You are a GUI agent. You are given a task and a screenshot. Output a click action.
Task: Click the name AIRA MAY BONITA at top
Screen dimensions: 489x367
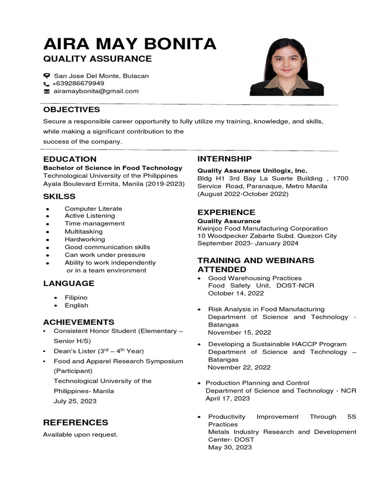click(130, 44)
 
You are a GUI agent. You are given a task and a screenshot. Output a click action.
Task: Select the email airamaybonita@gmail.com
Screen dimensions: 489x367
click(96, 91)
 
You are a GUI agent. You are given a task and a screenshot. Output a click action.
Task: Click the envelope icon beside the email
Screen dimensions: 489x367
click(46, 91)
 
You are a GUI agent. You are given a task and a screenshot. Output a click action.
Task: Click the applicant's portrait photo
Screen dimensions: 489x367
click(287, 67)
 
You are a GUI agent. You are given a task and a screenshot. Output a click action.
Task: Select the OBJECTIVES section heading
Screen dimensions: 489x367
click(71, 110)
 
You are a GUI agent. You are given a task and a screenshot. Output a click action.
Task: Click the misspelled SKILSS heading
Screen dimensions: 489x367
click(59, 197)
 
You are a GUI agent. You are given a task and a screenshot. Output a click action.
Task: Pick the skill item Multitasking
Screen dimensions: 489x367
click(84, 232)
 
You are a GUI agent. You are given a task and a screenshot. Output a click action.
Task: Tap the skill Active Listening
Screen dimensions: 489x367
click(90, 216)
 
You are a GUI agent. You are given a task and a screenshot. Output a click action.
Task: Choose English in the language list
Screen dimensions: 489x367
click(76, 306)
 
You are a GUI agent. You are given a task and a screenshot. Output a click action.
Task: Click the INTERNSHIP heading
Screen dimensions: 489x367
click(225, 159)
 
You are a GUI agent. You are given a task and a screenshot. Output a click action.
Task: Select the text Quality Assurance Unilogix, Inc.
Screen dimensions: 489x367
click(252, 170)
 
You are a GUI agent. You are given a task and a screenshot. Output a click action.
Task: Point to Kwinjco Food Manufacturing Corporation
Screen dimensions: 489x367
click(262, 229)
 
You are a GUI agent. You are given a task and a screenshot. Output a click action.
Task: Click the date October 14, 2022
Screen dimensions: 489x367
click(236, 293)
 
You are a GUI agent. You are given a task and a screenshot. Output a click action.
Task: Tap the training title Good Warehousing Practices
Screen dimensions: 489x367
click(255, 278)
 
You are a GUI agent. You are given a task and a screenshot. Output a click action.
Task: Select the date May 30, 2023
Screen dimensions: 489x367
click(230, 447)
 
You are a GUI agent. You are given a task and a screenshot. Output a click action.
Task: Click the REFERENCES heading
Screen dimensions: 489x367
click(76, 423)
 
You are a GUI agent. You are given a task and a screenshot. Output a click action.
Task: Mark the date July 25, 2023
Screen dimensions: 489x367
click(75, 401)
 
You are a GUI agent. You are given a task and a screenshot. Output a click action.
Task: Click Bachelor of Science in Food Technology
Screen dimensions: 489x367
click(113, 168)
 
